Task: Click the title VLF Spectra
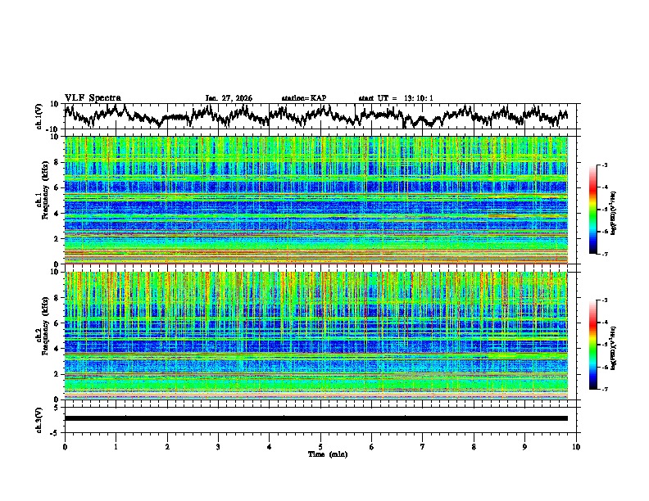93,97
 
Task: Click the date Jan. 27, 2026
229,98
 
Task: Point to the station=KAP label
303,98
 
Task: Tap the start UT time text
396,98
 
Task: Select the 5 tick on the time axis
320,447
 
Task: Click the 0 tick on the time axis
65,447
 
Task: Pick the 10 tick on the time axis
576,447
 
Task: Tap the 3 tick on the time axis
218,447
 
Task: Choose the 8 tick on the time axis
474,447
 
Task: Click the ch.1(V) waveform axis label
39,116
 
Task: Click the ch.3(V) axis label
39,418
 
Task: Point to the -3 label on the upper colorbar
604,165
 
